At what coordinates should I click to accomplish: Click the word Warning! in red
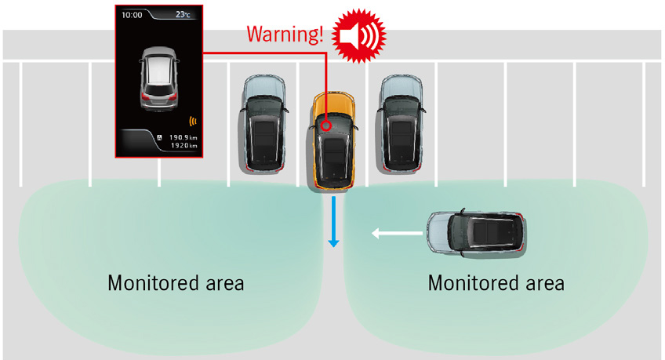coord(284,35)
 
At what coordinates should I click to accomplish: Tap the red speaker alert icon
coord(359,35)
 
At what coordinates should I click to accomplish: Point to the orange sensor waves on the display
coord(193,122)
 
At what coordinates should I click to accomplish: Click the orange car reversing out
coord(333,141)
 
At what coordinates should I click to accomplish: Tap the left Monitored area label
coord(176,283)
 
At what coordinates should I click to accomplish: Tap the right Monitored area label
coord(496,283)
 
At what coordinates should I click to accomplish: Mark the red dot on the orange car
coord(324,124)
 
